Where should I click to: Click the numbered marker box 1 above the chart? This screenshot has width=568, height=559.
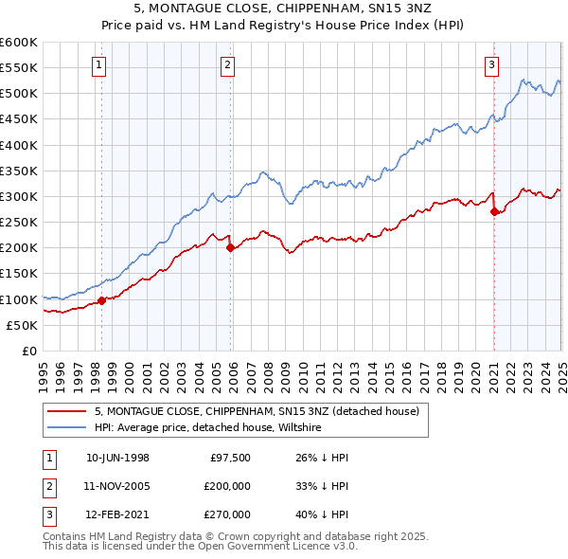99,65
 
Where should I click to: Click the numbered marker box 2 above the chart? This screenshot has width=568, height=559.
228,65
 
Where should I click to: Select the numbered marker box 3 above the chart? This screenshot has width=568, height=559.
492,65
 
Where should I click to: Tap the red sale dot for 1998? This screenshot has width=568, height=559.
102,301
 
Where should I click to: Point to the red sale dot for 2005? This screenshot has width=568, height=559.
230,248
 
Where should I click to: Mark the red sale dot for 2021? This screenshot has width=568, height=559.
494,212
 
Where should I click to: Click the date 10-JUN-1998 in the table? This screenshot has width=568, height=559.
117,458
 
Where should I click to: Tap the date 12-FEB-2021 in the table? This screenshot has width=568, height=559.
117,514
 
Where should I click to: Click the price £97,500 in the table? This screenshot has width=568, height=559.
229,458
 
